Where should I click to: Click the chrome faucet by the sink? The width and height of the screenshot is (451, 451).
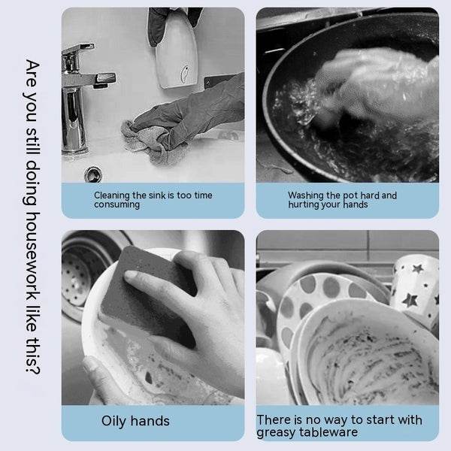76,105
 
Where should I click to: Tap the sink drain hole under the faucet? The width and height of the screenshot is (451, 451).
93,174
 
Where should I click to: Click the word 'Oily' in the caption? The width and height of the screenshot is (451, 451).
114,421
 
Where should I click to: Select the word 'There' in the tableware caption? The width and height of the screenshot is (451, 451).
274,419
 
